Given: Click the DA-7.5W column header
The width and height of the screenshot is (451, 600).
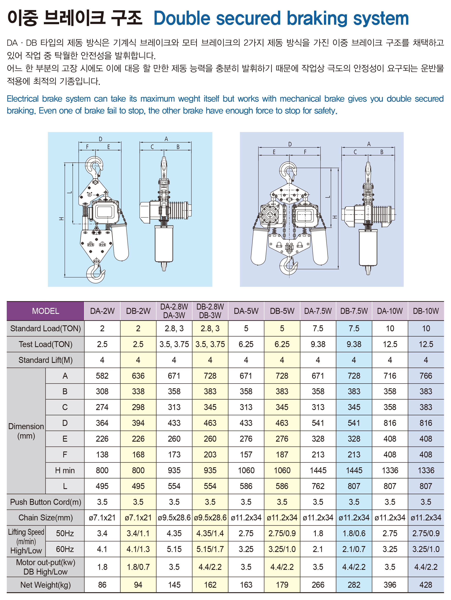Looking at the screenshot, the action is [318, 311].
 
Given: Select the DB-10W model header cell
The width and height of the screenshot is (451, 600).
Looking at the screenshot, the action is [426, 311].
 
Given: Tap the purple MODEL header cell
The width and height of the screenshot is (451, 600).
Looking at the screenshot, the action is [45, 311].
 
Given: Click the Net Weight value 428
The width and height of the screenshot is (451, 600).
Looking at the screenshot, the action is [426, 585].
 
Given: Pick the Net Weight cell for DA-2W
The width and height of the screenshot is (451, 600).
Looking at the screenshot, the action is [102, 585].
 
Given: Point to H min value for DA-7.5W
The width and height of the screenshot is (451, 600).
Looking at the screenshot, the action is [318, 470].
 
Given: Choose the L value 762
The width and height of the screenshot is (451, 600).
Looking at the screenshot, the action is [318, 486].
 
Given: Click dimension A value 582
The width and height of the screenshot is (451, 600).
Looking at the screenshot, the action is [102, 376].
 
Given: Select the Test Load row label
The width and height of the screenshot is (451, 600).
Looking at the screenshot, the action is [45, 344].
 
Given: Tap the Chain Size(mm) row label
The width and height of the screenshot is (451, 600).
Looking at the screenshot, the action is [45, 518].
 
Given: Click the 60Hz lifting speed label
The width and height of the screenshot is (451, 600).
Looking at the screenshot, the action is [65, 549].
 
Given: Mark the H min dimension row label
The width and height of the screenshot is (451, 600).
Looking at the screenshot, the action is [65, 470].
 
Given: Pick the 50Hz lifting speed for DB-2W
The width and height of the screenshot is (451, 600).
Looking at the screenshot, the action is [138, 533].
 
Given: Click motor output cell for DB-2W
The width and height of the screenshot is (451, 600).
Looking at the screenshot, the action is [138, 567].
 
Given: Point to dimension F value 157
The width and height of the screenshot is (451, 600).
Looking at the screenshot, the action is [246, 455].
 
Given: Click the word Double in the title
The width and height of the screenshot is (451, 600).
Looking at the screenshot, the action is [182, 18].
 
